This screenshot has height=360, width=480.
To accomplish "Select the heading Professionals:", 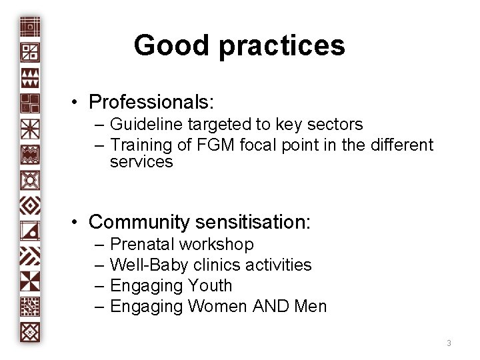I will pos(151,103).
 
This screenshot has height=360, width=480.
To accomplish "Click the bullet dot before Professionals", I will pos(77,103).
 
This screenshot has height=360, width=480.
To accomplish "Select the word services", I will pos(141,162).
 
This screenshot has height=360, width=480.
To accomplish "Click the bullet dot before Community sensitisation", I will pos(77,221).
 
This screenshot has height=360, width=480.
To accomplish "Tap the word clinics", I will pos(215,265).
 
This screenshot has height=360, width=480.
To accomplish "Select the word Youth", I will pos(210,286).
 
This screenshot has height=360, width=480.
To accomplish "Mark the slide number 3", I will pos(449,343).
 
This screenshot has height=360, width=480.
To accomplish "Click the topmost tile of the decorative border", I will pos(31,27).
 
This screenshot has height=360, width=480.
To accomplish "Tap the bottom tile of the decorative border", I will pos(31,331).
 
